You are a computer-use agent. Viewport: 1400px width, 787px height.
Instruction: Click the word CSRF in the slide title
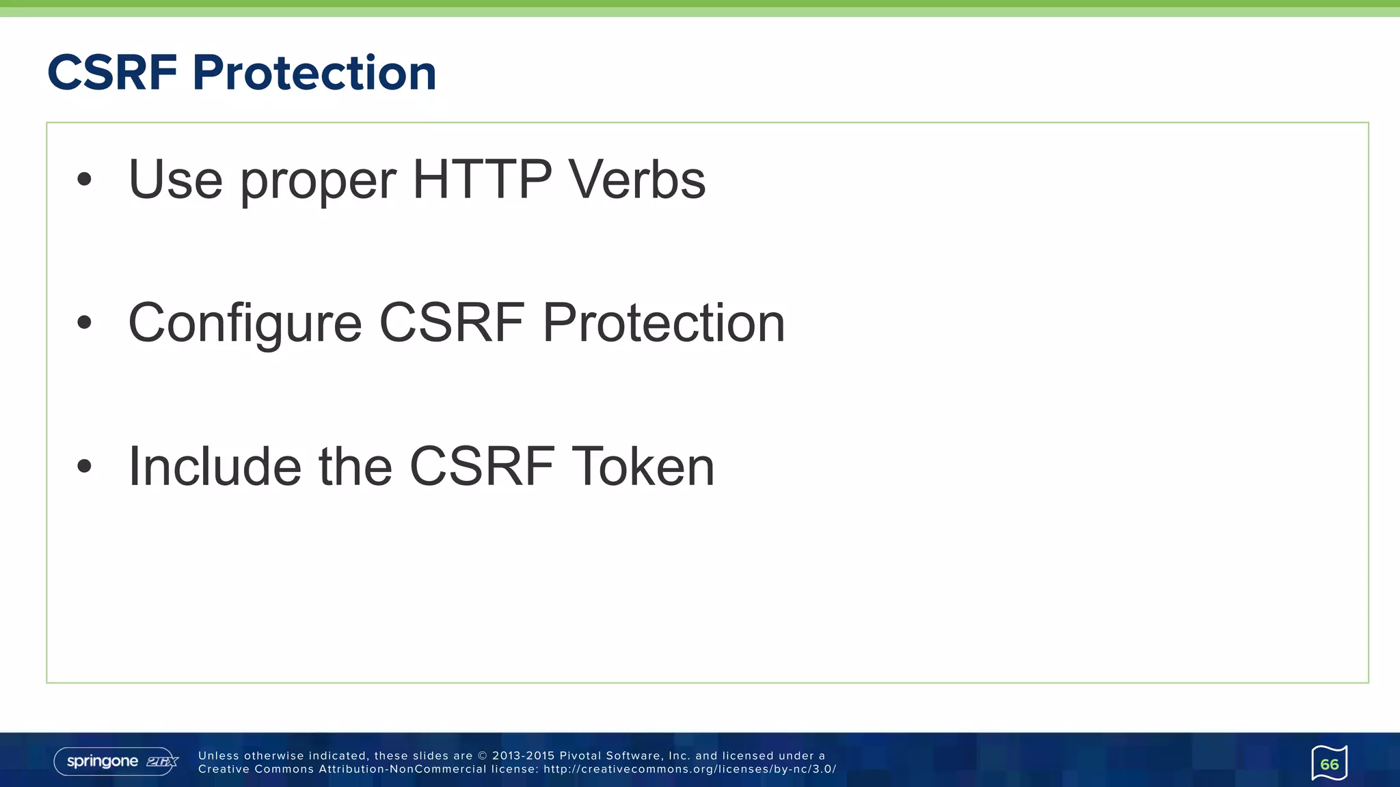point(113,72)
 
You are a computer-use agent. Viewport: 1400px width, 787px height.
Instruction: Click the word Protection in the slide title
point(314,72)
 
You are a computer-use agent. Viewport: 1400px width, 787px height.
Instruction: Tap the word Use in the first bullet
point(175,180)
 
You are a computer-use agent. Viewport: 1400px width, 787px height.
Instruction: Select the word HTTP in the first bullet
point(482,180)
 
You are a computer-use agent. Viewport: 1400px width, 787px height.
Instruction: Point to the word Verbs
point(637,180)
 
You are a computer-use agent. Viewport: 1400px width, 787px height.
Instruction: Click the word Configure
point(245,323)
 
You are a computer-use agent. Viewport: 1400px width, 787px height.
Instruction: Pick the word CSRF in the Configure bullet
point(452,323)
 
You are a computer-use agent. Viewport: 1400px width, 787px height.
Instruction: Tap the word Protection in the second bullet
point(663,323)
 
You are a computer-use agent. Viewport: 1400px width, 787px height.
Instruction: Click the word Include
point(215,467)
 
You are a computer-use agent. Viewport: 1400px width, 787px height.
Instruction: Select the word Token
point(643,467)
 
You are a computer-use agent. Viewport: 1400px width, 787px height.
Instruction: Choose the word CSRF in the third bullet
point(482,467)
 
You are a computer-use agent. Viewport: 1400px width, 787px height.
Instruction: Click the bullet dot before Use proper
point(84,180)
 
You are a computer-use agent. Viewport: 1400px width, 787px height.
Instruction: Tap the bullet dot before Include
point(84,467)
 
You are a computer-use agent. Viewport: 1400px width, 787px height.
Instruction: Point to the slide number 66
point(1330,764)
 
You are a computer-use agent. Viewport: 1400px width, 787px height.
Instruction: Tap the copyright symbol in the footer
point(482,756)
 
